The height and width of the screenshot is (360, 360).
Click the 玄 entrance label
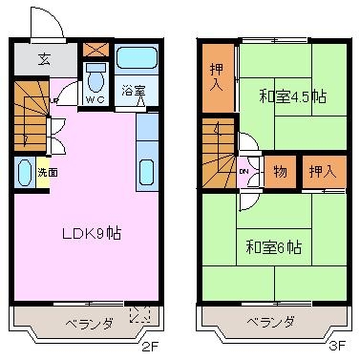click(x=44, y=59)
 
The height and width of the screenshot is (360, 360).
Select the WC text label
click(x=95, y=99)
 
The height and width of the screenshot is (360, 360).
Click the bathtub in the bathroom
click(x=137, y=58)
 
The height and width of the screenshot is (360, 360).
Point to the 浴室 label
click(x=134, y=91)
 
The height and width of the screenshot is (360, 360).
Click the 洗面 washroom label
click(x=48, y=172)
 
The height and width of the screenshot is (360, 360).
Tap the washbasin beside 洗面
click(x=25, y=172)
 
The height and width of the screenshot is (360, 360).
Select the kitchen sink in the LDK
click(x=147, y=172)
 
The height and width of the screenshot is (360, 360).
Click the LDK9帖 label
click(x=91, y=234)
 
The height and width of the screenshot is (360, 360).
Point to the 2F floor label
click(x=149, y=346)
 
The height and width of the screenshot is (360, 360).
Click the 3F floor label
click(x=337, y=346)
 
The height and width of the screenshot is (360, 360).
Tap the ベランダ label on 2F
click(x=90, y=324)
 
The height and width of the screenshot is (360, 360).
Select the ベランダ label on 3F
click(x=271, y=322)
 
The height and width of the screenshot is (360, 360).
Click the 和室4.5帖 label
click(x=293, y=95)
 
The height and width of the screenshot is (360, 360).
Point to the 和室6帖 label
click(x=274, y=247)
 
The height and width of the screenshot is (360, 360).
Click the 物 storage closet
click(x=281, y=172)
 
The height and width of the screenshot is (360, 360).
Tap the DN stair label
click(x=244, y=172)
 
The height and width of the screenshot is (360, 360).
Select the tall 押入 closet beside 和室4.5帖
click(x=219, y=78)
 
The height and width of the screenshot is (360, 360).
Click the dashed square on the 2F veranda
click(x=139, y=314)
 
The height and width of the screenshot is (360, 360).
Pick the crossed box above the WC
click(x=95, y=50)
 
